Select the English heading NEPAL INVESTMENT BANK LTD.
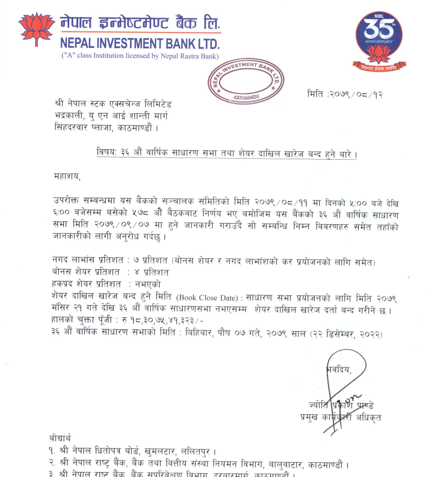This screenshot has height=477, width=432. click(140, 44)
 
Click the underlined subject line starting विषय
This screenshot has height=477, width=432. click(225, 153)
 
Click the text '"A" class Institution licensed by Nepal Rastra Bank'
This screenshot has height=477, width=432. click(140, 56)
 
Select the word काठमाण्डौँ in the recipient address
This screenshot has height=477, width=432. click(132, 128)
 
